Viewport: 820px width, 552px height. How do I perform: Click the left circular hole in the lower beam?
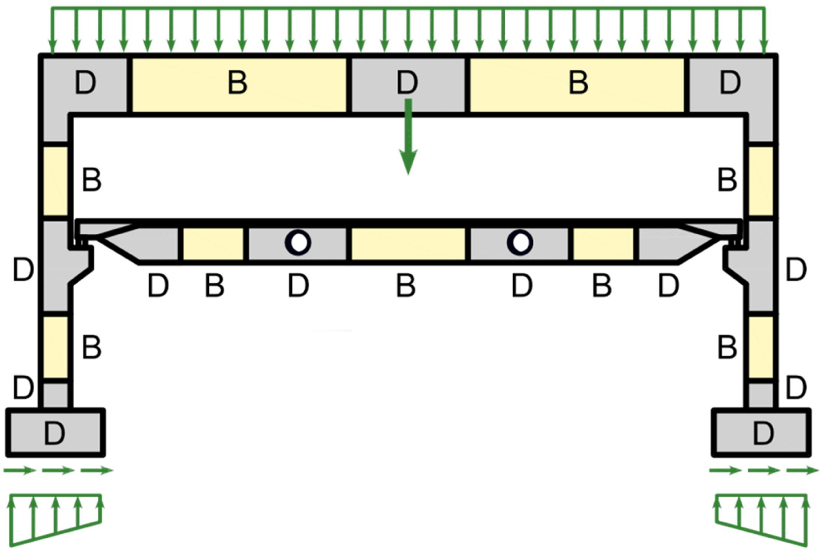[x=298, y=242]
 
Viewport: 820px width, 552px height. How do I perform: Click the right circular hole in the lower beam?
[x=520, y=242]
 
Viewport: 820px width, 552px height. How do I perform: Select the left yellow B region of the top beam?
[x=238, y=84]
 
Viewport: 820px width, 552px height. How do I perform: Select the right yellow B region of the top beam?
[x=578, y=84]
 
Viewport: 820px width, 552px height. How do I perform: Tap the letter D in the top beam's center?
[x=407, y=83]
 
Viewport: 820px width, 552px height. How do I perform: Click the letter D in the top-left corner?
[x=85, y=83]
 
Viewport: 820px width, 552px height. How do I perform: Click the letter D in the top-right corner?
[x=730, y=83]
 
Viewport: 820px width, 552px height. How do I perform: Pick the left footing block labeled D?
[x=55, y=433]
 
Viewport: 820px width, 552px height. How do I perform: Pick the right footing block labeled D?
[x=762, y=433]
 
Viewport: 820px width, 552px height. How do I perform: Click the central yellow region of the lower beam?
[x=408, y=243]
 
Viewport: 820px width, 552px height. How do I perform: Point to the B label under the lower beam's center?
[x=406, y=286]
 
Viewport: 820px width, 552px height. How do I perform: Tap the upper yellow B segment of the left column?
[x=56, y=180]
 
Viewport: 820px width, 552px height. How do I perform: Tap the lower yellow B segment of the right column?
[x=761, y=347]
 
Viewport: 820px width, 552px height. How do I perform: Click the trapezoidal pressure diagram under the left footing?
[x=55, y=514]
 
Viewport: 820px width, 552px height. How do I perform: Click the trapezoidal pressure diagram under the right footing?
[x=761, y=514]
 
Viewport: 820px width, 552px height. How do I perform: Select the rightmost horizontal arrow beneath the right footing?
[x=802, y=470]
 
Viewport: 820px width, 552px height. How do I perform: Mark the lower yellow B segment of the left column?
[x=56, y=347]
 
